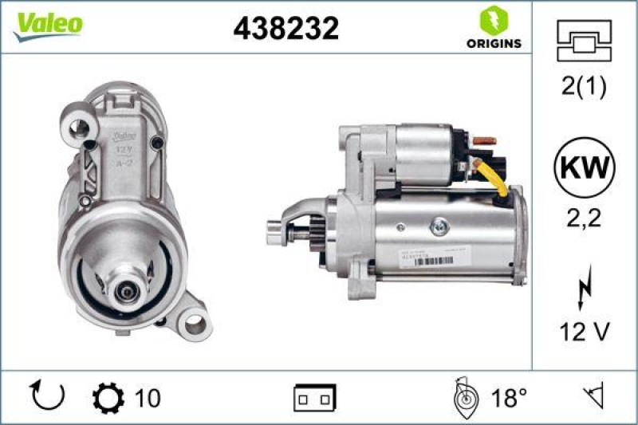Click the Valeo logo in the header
click(x=47, y=25)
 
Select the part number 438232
click(x=286, y=29)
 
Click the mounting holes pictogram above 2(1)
click(x=584, y=40)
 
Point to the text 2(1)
click(x=584, y=86)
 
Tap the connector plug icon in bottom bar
click(x=315, y=396)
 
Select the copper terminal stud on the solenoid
click(x=483, y=141)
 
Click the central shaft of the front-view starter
click(x=124, y=290)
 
